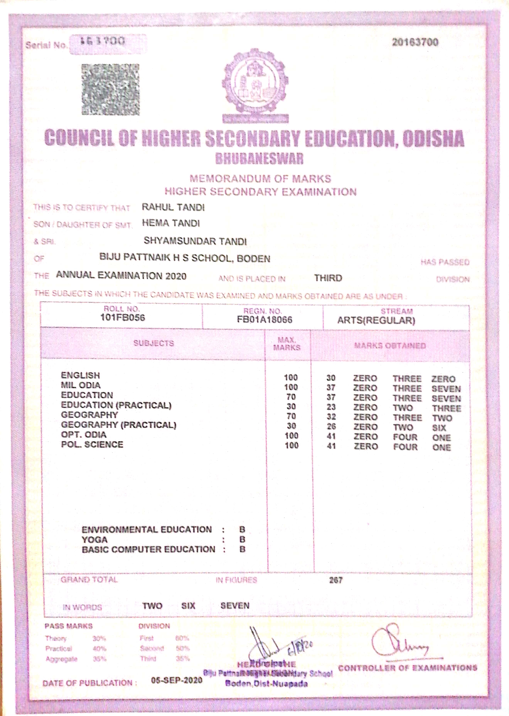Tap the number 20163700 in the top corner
tap(415, 42)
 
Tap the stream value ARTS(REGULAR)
tap(376, 320)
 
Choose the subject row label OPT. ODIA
tap(84, 434)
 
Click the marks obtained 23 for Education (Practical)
tap(331, 407)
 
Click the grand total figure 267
tap(336, 580)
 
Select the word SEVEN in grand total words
tap(235, 605)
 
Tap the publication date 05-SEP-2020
tap(176, 680)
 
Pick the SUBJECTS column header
tap(154, 343)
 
